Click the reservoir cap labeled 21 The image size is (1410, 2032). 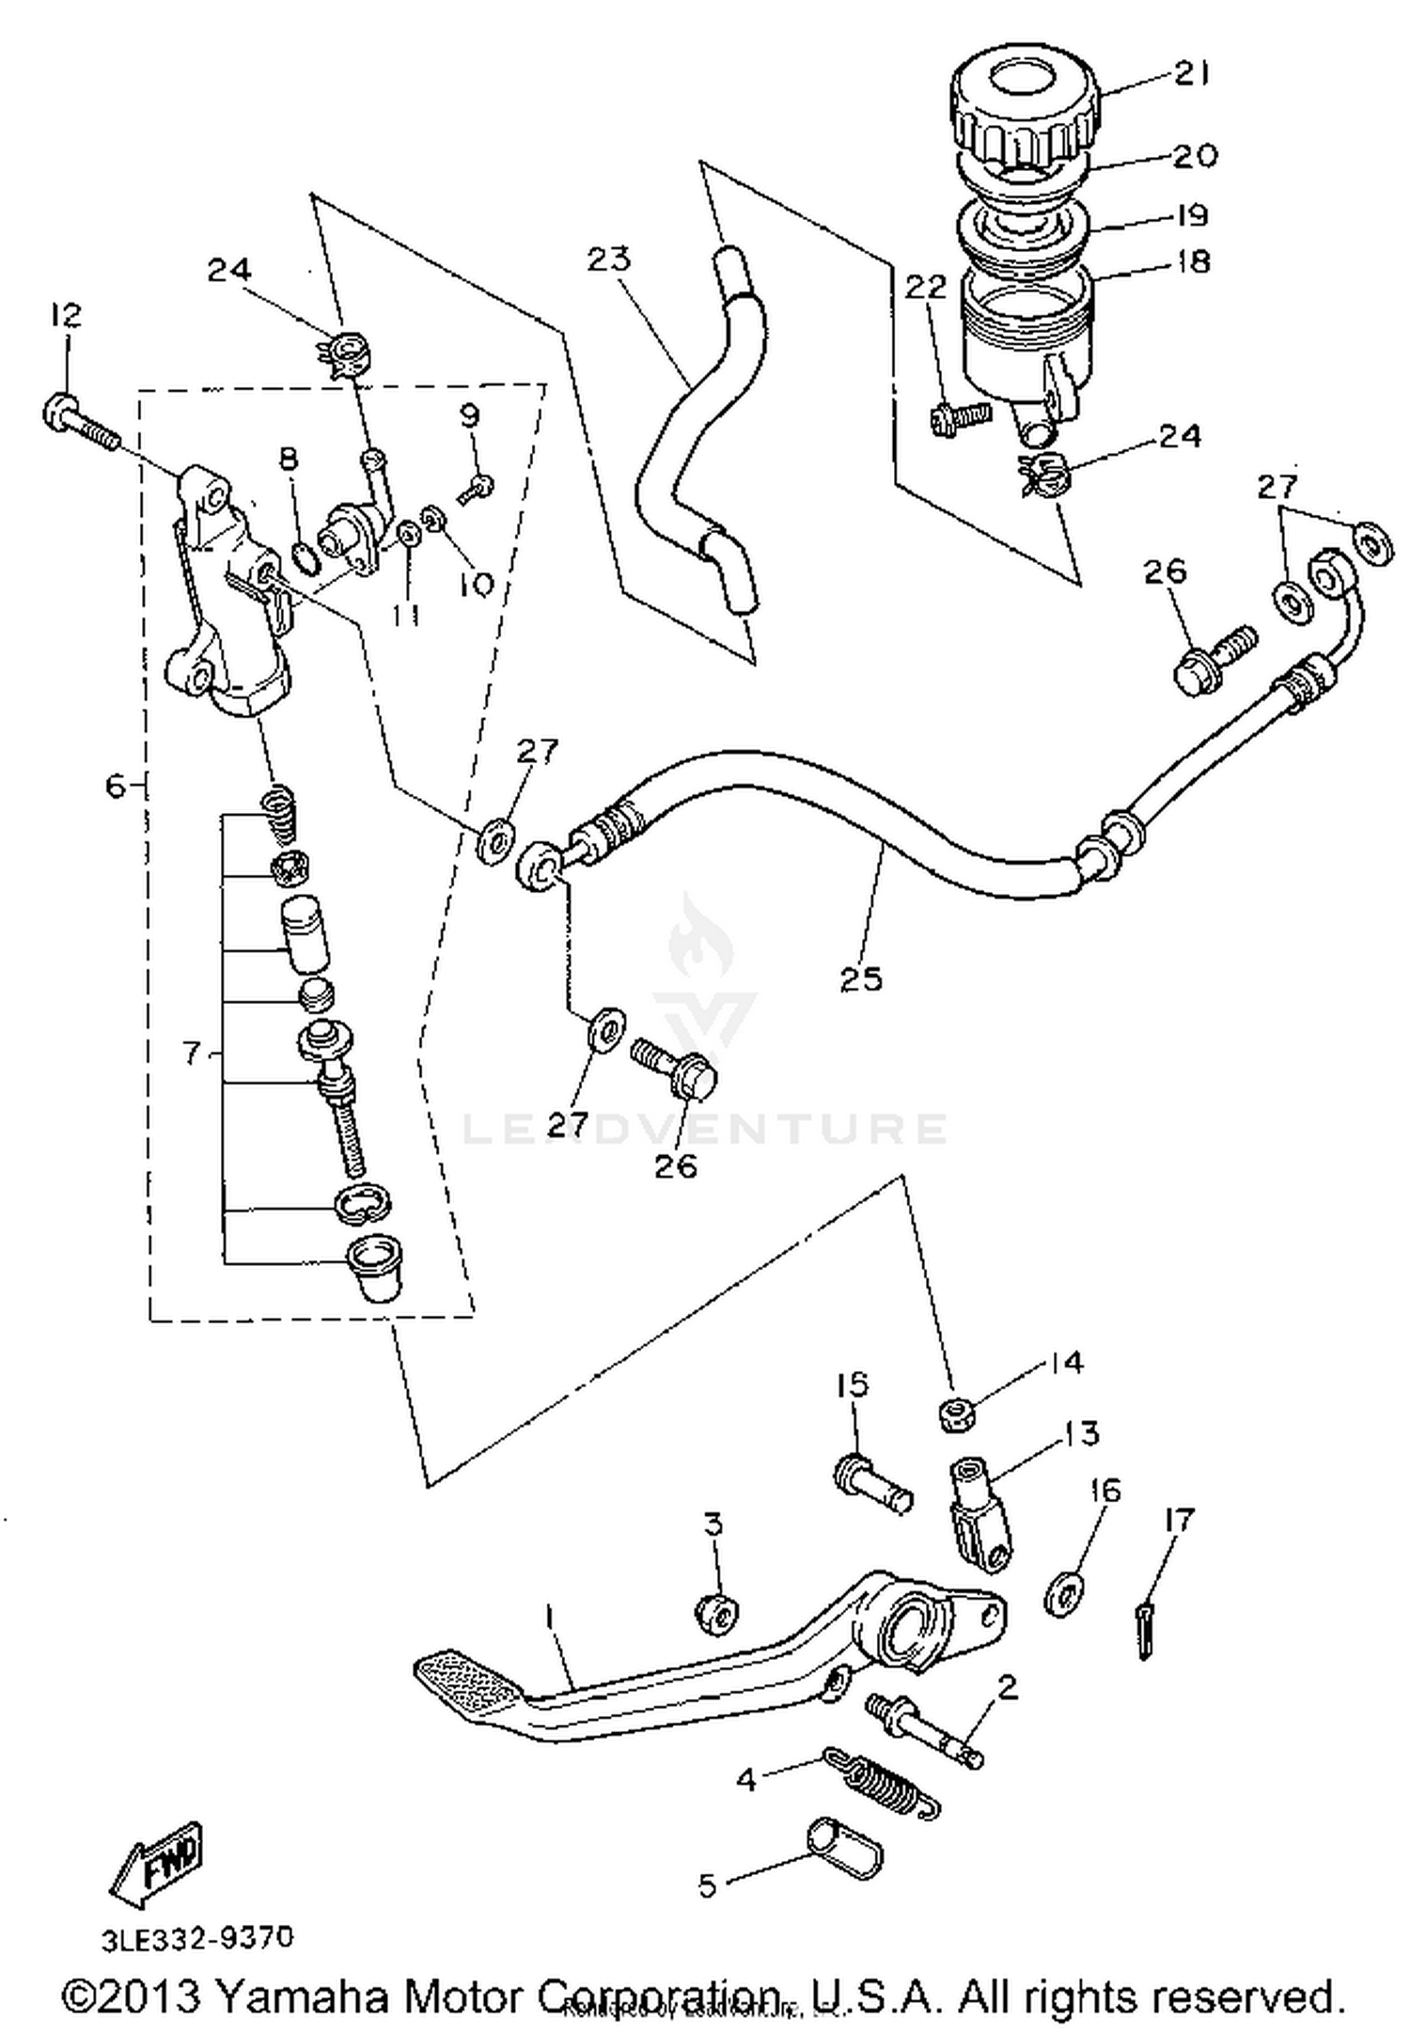click(x=1025, y=108)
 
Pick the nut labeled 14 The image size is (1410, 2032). click(x=956, y=1415)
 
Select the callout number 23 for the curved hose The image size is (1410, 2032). click(x=608, y=258)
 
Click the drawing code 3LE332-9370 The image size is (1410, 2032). click(x=197, y=1938)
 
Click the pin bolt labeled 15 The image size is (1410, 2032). click(x=871, y=1485)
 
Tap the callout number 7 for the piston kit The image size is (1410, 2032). click(x=192, y=1054)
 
